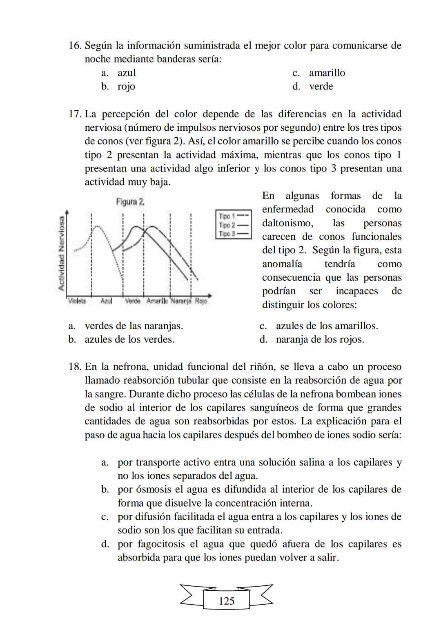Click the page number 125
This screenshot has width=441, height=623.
point(226,601)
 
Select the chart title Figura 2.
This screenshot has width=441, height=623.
point(130,202)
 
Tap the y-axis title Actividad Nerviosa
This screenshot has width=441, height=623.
point(62,253)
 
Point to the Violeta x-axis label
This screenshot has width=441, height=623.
point(77,301)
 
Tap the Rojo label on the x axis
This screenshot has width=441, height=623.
point(200,301)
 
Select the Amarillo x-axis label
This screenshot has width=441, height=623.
point(157,301)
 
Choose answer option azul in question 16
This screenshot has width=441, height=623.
point(127,73)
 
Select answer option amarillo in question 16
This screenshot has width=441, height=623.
point(327,73)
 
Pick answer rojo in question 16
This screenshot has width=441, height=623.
point(126,87)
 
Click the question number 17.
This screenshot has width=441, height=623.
point(75,114)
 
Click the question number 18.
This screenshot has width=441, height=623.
point(75,367)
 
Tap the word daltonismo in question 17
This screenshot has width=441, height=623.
point(287,223)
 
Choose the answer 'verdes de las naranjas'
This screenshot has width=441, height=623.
point(134,326)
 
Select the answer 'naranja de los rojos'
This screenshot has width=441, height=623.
point(320,339)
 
